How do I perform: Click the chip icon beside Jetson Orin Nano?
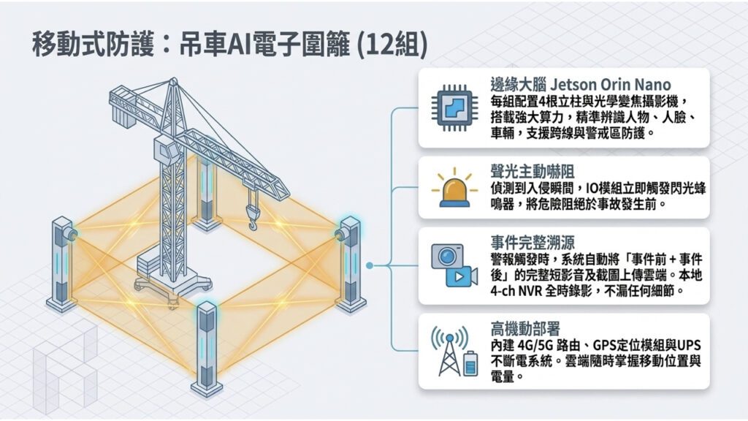454,108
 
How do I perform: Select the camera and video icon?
454,265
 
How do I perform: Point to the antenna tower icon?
449,351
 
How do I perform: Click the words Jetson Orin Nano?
610,85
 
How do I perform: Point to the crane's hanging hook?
252,216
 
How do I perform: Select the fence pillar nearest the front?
207,349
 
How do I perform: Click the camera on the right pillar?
340,235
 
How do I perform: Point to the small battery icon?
470,364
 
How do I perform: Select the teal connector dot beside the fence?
369,265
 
